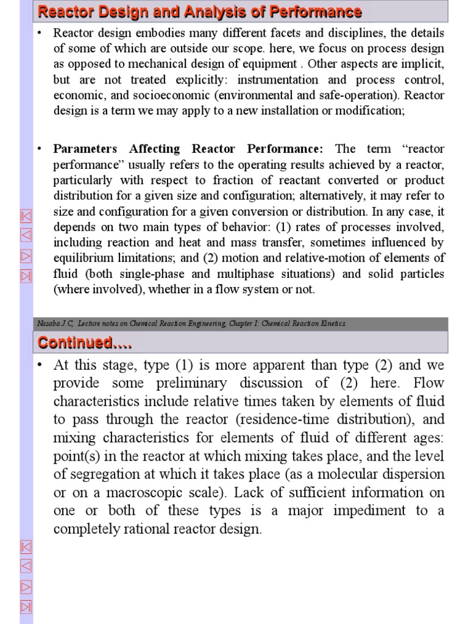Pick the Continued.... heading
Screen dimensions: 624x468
(85, 343)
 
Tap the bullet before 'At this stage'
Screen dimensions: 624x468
(40, 366)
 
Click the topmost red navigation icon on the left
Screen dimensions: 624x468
(26, 216)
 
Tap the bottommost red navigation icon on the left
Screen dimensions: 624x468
(26, 606)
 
